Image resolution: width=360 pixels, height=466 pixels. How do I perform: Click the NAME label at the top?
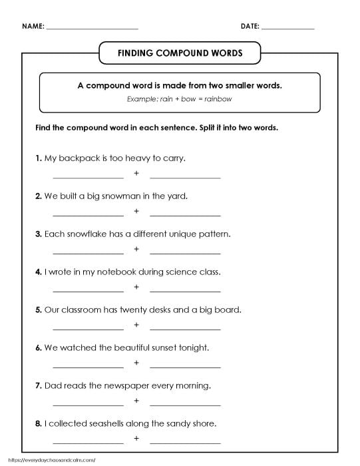pos(33,27)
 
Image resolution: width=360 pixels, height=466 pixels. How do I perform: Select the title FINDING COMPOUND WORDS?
pos(180,52)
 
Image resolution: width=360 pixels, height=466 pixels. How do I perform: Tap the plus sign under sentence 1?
pos(136,174)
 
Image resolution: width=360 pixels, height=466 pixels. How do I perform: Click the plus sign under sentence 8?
pos(136,439)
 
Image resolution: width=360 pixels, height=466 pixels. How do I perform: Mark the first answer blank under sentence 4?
pos(88,290)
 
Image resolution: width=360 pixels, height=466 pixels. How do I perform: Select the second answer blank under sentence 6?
pos(185,366)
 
